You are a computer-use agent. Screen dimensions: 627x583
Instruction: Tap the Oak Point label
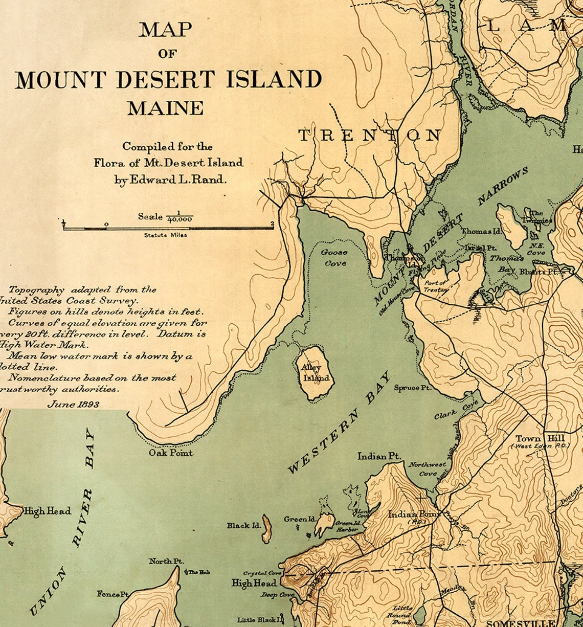[171, 453]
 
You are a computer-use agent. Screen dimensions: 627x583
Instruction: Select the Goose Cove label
[334, 258]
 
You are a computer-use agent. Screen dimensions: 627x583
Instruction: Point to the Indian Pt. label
[379, 456]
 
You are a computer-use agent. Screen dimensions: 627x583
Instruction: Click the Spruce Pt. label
[412, 388]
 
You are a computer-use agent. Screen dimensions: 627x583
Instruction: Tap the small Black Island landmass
[266, 530]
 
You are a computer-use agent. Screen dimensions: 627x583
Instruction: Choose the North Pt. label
[166, 561]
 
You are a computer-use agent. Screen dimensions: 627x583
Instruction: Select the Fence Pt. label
[113, 594]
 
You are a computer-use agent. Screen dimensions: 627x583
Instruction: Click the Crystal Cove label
[262, 573]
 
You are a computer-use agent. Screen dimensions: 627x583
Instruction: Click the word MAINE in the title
[165, 108]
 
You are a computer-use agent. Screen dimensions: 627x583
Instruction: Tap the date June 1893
[73, 404]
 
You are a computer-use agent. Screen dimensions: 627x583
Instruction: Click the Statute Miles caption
[165, 235]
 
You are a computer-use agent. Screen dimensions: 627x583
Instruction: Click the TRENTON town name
[369, 136]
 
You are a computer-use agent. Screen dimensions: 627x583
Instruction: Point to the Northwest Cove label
[427, 468]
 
